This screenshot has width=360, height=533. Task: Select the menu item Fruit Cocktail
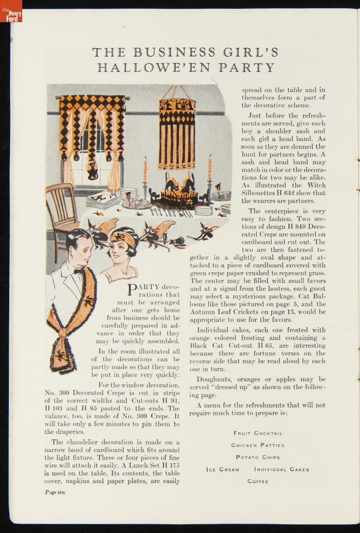point(258,433)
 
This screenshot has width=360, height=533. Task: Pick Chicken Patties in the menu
point(258,445)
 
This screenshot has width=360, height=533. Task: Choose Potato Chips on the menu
point(258,457)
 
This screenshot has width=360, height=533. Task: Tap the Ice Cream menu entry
point(223,469)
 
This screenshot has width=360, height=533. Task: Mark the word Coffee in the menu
point(258,481)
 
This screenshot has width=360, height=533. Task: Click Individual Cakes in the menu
point(282,469)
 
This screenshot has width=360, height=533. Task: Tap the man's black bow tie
point(79,271)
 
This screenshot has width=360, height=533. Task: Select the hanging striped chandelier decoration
point(177,133)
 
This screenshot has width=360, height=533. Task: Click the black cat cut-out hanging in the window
point(92,171)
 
